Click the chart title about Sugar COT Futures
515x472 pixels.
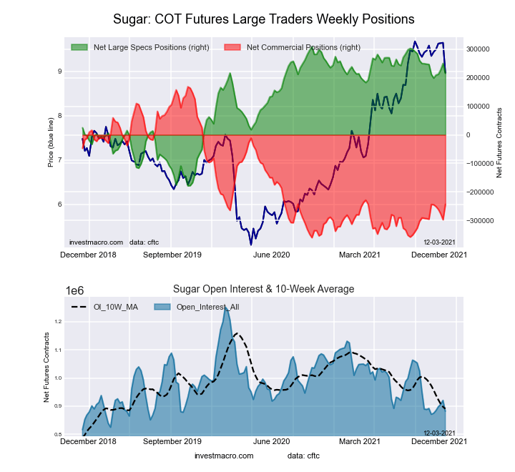[x=264, y=18]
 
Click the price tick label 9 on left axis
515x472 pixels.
[x=60, y=72]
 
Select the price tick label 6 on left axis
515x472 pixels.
[x=60, y=205]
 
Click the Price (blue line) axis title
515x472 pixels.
[x=51, y=141]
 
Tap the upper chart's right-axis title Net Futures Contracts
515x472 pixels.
[x=499, y=142]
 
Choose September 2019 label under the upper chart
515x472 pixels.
[x=173, y=255]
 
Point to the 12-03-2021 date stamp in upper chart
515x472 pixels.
[x=439, y=242]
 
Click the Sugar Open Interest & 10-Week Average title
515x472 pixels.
[x=264, y=289]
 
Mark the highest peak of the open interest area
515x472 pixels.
[x=226, y=307]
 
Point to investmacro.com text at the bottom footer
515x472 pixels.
[x=224, y=456]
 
